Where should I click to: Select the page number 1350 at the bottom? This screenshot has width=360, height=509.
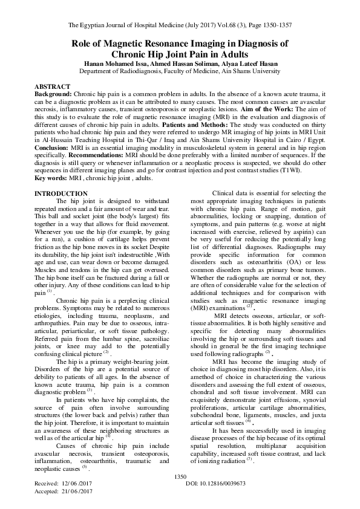(180, 477)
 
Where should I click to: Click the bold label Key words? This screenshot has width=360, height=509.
(50, 179)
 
